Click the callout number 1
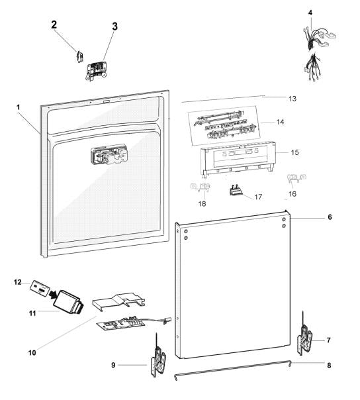[x=18, y=107]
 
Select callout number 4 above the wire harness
[x=310, y=13]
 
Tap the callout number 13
[x=292, y=99]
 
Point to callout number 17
[x=258, y=197]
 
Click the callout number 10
[x=32, y=353]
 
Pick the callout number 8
[x=329, y=366]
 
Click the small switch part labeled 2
[x=80, y=56]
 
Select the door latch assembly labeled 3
[x=97, y=71]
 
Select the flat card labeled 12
[x=40, y=288]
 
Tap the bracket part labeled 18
[x=201, y=187]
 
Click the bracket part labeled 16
[x=296, y=178]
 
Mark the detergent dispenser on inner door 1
[x=109, y=154]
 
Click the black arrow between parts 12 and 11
[x=53, y=295]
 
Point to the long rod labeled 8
[x=232, y=370]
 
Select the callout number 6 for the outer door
[x=330, y=217]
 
